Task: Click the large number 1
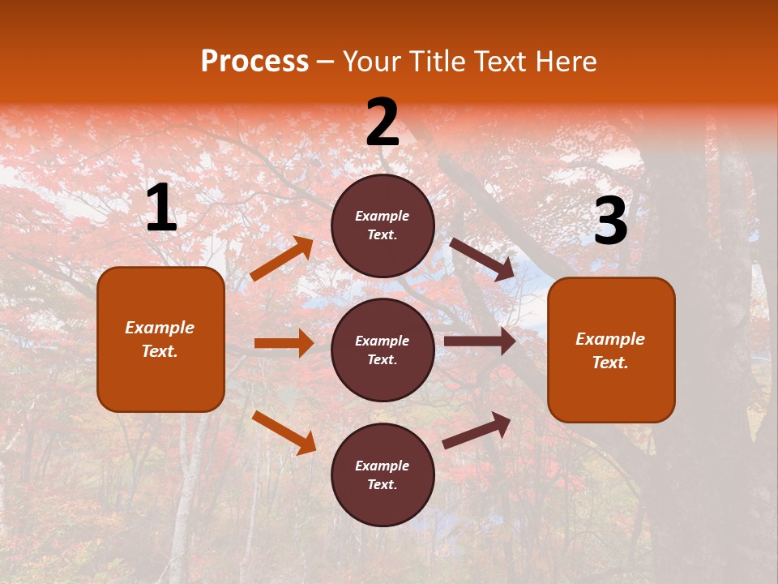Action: click(x=161, y=208)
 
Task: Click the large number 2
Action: click(x=383, y=122)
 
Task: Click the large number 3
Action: click(x=610, y=221)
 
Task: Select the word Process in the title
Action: click(x=254, y=61)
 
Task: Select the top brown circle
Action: click(x=383, y=225)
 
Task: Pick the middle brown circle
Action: click(x=383, y=350)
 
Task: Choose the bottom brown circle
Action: click(x=383, y=474)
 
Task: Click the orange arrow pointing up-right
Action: click(x=282, y=259)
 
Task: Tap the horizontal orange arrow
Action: click(x=284, y=343)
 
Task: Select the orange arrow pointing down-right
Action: click(x=284, y=432)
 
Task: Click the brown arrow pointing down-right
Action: click(x=482, y=260)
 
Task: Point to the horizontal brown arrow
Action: click(x=480, y=341)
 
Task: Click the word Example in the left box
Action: click(x=160, y=328)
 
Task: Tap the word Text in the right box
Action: click(x=609, y=363)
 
